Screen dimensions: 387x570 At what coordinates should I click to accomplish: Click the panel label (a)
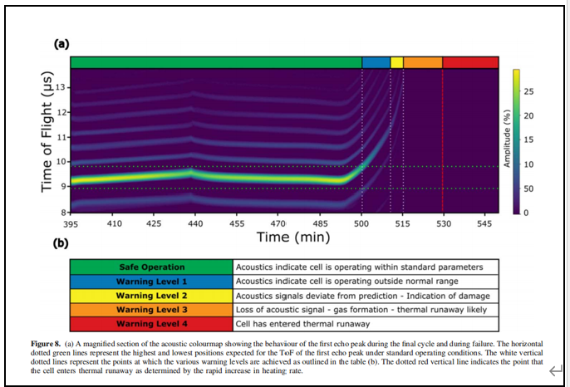pos(61,44)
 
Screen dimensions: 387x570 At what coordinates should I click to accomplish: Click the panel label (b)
pos(61,244)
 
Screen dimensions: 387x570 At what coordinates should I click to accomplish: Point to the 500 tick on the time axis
pos(361,223)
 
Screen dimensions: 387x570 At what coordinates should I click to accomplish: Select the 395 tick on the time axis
pos(71,223)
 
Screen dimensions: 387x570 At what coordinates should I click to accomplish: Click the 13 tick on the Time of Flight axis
pos(61,87)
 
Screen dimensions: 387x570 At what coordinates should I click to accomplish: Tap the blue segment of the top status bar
pos(376,62)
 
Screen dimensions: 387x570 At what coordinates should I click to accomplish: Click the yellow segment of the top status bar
pos(396,62)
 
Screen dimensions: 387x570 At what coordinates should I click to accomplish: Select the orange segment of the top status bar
pos(422,62)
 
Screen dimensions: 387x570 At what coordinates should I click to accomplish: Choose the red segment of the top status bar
pos(469,62)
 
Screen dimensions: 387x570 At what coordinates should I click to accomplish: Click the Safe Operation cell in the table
pos(151,267)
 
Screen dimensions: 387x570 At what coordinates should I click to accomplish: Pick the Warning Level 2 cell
pos(151,295)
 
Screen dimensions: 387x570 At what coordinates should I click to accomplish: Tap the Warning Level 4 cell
pos(151,323)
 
